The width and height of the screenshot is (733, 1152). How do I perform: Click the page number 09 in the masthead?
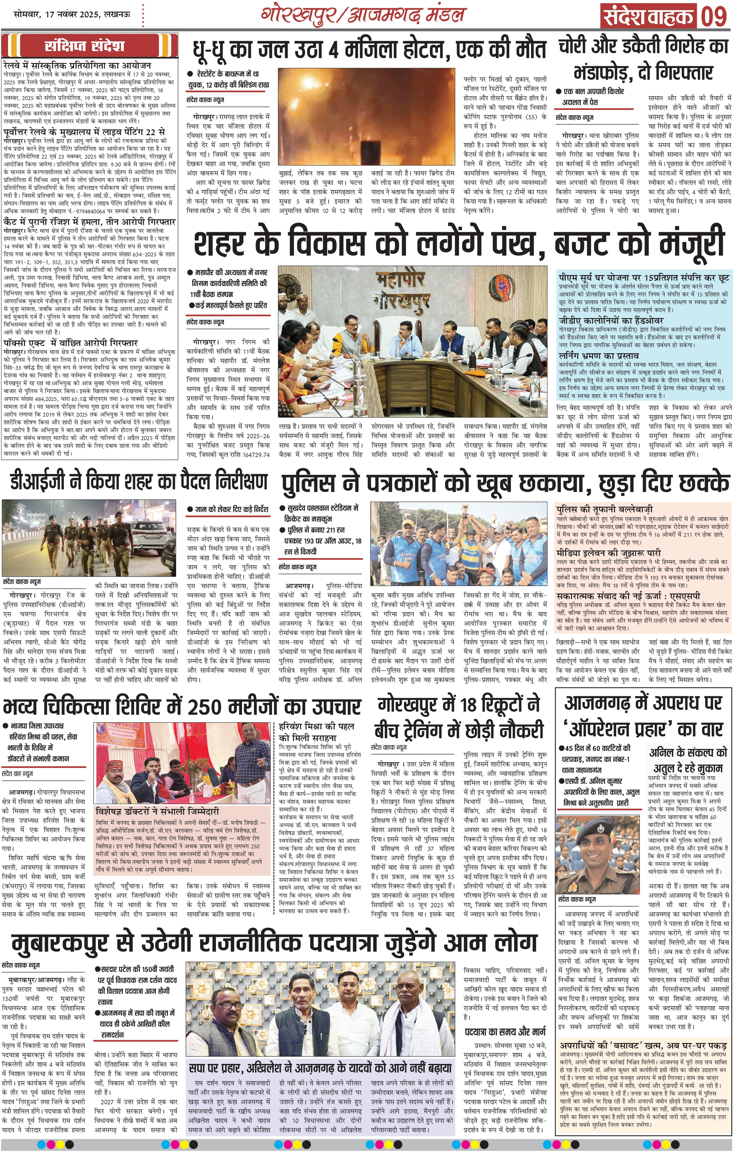[x=713, y=16]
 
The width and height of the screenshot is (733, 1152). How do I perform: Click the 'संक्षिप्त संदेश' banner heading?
[x=85, y=46]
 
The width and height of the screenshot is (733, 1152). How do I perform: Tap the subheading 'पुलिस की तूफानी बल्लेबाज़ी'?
[x=604, y=509]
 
